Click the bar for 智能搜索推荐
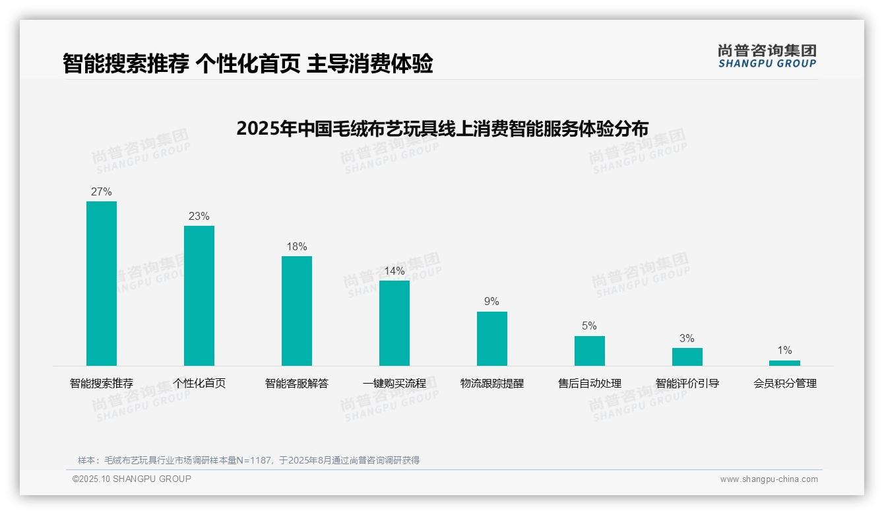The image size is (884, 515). point(102,283)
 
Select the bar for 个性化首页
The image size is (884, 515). point(199,296)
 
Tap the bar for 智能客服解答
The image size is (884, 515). point(297,311)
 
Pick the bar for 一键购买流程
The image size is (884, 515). point(395,323)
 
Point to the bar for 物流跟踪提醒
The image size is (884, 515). point(492,339)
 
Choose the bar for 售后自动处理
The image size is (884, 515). point(590,351)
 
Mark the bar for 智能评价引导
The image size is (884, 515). point(687,357)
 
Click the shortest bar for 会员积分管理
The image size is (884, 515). point(784,363)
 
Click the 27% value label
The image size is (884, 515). point(102,192)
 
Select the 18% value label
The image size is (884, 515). point(297,247)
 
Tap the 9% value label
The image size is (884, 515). point(492,302)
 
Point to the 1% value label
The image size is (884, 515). point(784,351)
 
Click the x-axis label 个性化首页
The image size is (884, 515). point(199,384)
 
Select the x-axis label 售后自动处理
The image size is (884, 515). point(590,384)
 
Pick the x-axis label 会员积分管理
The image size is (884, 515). point(785,384)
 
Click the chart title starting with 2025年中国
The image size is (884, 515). point(442,128)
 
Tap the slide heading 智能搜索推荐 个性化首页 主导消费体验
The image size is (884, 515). point(248,64)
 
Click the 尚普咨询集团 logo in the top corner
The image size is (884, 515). point(767,56)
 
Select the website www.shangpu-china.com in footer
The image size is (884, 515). point(769,479)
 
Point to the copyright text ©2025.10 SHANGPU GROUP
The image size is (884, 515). point(132,479)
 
